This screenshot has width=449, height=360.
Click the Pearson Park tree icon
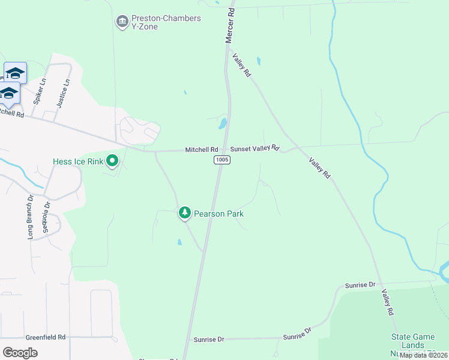[185, 212]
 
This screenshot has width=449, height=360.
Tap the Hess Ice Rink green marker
[112, 160]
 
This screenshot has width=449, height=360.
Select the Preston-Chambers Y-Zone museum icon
[122, 22]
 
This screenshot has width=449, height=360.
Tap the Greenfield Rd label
[46, 337]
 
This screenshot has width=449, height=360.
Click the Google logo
[20, 352]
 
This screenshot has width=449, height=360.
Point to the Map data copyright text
[423, 355]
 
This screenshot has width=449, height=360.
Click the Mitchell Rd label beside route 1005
[201, 149]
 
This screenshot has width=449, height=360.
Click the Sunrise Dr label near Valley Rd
[360, 284]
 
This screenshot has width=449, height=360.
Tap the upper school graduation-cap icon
[15, 73]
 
